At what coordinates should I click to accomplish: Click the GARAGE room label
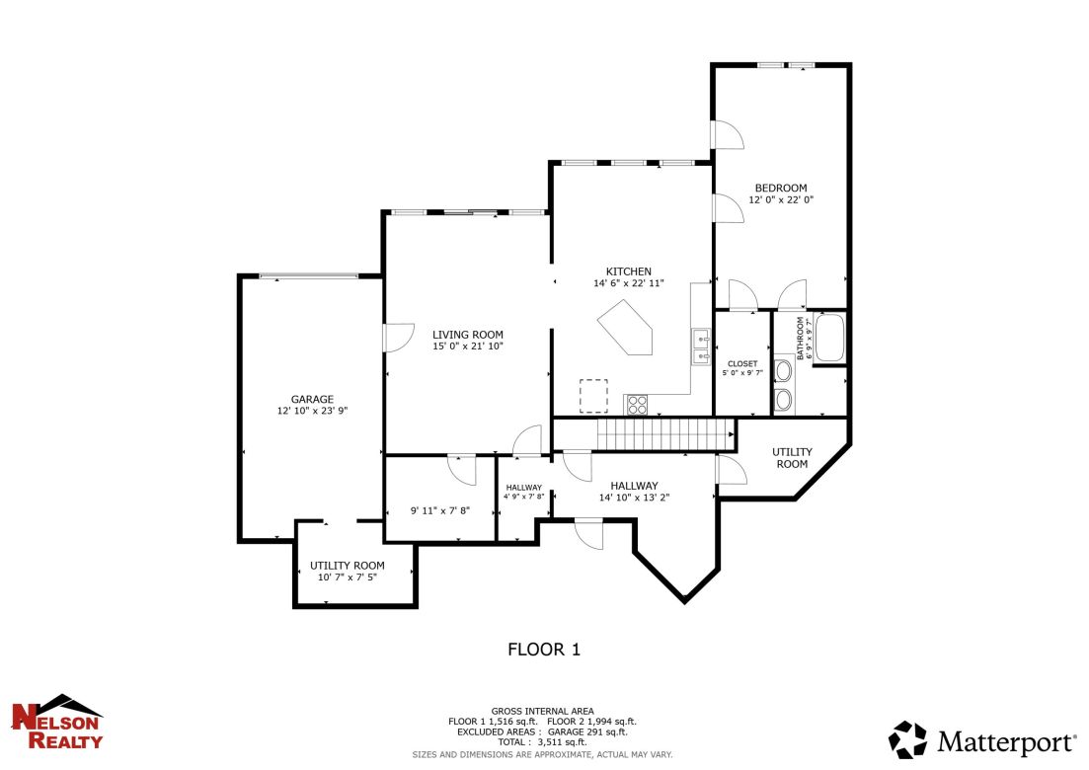pyautogui.click(x=311, y=400)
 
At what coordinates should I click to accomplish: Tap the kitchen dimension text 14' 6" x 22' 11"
pyautogui.click(x=628, y=283)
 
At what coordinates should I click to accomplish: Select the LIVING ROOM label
pyautogui.click(x=468, y=335)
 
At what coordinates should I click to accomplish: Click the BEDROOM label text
pyautogui.click(x=780, y=188)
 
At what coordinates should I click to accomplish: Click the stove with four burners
pyautogui.click(x=637, y=404)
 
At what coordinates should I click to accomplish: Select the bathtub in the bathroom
pyautogui.click(x=829, y=338)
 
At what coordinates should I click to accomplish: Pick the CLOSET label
pyautogui.click(x=741, y=363)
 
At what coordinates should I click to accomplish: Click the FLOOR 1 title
pyautogui.click(x=543, y=649)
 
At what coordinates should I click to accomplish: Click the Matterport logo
pyautogui.click(x=982, y=740)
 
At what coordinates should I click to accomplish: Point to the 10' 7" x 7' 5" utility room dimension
pyautogui.click(x=347, y=577)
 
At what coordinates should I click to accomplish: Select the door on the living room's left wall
pyautogui.click(x=392, y=338)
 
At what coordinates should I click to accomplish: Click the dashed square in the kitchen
pyautogui.click(x=593, y=395)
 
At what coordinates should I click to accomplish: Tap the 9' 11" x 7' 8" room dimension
pyautogui.click(x=439, y=510)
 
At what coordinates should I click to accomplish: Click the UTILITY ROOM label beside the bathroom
pyautogui.click(x=791, y=457)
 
